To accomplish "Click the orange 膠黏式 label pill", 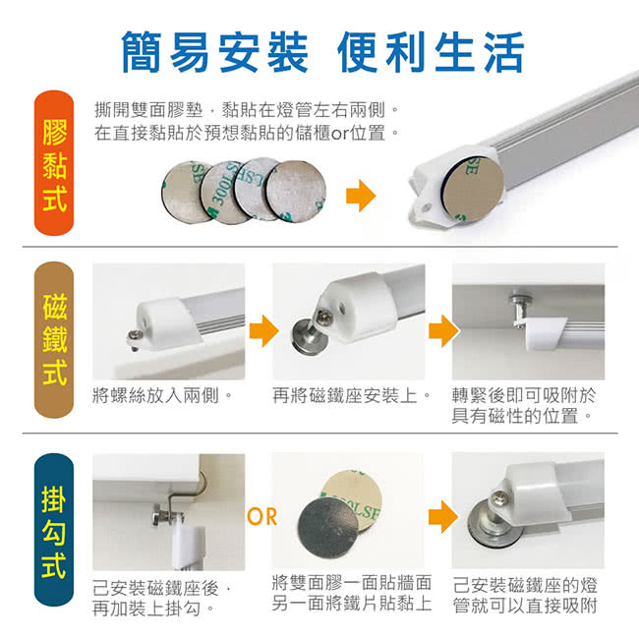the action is click(x=54, y=163).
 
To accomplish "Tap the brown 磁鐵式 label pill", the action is click(x=54, y=340).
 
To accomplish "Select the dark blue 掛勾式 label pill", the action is click(x=54, y=529).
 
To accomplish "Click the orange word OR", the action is click(x=262, y=517).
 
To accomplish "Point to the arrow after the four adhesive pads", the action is click(x=361, y=196).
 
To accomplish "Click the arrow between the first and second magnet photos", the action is click(x=264, y=330).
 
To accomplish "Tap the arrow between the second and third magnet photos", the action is click(x=443, y=330).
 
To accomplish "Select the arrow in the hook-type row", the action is click(x=443, y=517).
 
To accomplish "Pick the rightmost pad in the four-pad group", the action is click(x=296, y=191).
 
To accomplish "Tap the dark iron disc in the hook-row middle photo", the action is click(x=328, y=528).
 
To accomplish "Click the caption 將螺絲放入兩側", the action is click(x=162, y=395).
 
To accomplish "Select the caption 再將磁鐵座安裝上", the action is click(x=351, y=395).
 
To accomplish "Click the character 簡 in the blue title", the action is click(x=141, y=52).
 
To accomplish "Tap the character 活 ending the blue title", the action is click(x=503, y=52).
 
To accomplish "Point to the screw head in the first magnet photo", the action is click(x=136, y=335).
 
